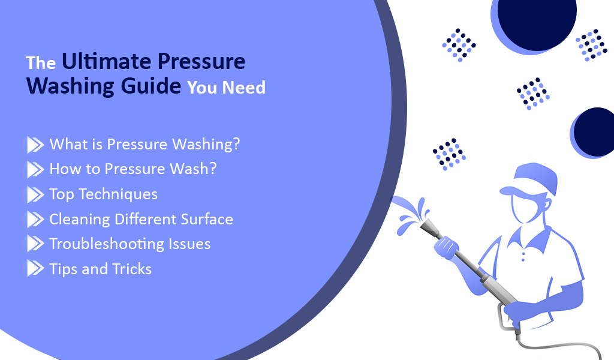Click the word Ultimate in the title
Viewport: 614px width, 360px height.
[x=98, y=62]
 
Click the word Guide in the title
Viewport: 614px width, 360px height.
[x=149, y=86]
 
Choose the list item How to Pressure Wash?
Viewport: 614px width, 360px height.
[x=133, y=169]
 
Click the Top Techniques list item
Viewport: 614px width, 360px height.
[x=103, y=194]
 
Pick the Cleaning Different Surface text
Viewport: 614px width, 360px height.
[x=141, y=219]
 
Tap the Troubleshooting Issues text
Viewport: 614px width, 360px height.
[x=130, y=244]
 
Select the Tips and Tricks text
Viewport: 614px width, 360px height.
[x=100, y=269]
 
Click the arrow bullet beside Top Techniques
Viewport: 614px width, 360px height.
[x=35, y=194]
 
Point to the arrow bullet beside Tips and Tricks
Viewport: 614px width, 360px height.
[x=35, y=269]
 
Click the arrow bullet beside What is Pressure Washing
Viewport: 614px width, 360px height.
[x=35, y=145]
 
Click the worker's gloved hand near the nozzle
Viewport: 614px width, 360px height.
[x=446, y=246]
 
